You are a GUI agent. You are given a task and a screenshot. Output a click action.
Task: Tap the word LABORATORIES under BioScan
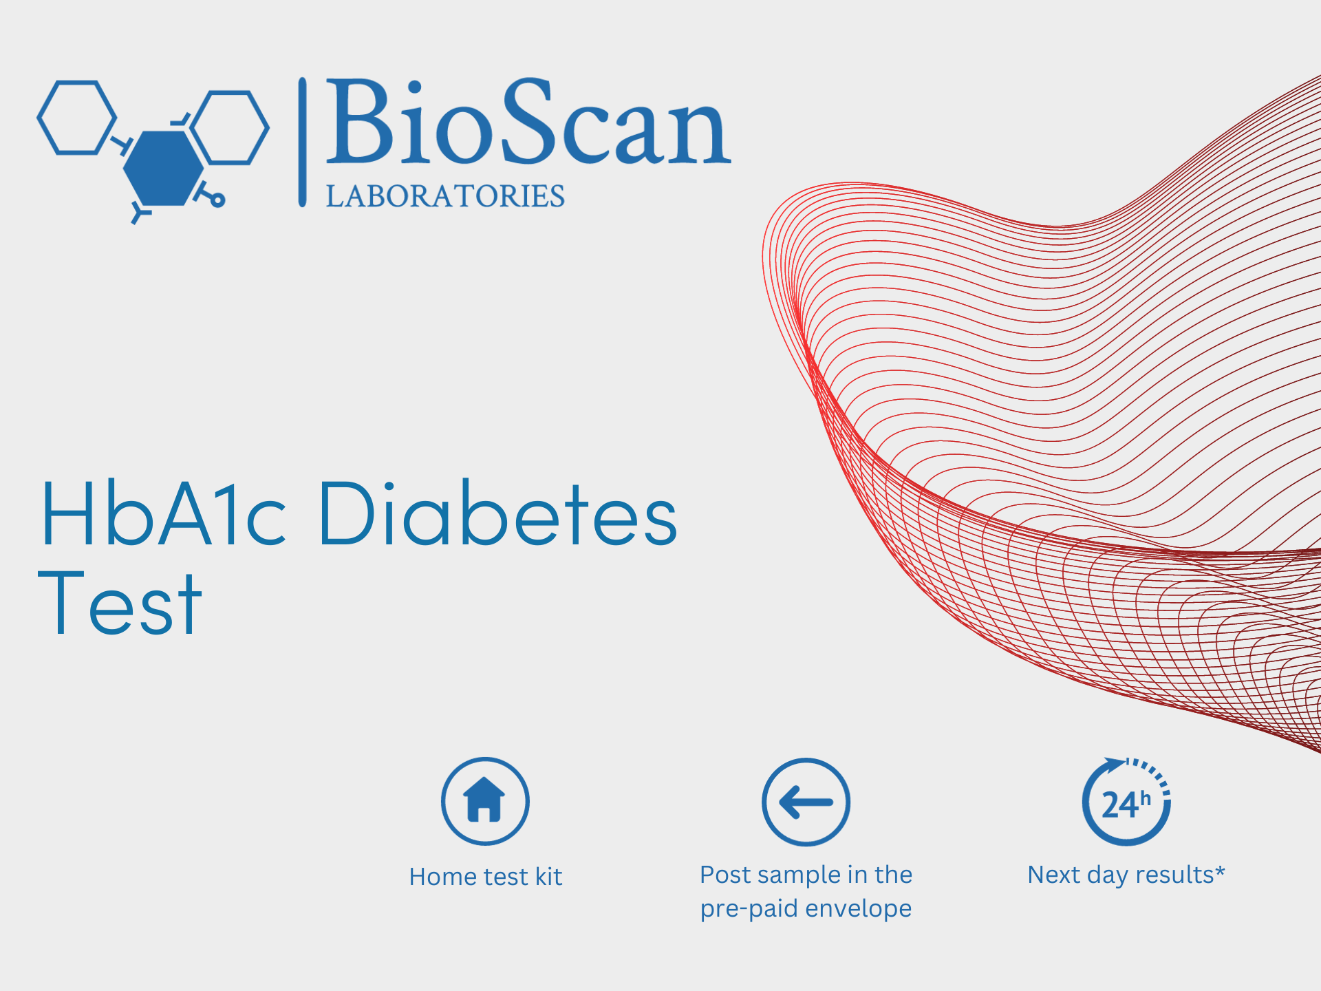coord(445,196)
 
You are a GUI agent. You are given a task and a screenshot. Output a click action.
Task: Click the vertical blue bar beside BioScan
coord(302,142)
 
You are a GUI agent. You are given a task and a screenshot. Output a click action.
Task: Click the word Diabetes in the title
coord(498,513)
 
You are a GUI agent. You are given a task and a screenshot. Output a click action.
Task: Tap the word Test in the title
coord(120,603)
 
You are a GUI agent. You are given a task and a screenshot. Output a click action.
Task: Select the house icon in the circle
coord(485,801)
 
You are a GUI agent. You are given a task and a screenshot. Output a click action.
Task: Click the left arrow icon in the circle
coord(806,802)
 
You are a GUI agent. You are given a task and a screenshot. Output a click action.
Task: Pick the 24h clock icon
coord(1126,802)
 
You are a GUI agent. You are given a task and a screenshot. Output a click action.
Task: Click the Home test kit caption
coord(486,877)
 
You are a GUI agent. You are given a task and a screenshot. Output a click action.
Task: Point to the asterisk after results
coord(1220,871)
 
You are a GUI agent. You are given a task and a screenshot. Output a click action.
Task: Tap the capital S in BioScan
coord(528,122)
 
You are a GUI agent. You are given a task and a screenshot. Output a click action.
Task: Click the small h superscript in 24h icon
coord(1145,798)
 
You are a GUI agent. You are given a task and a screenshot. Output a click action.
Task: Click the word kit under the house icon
coord(549,877)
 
